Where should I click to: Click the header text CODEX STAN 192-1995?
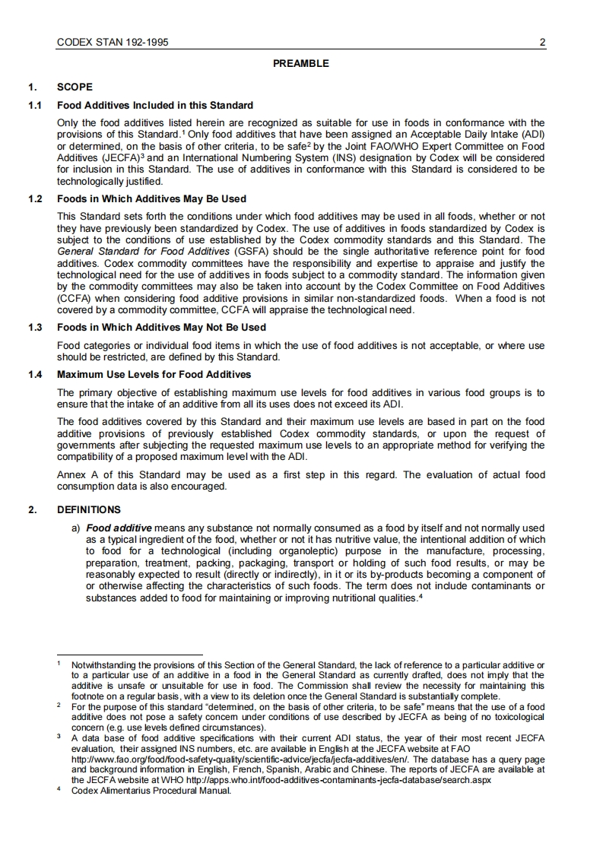point(113,43)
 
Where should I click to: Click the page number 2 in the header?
point(543,43)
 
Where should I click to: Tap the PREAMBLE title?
point(301,63)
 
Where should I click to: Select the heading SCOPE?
point(75,87)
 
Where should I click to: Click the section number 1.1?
point(35,105)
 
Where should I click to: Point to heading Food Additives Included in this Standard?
point(155,105)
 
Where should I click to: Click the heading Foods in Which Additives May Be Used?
point(152,199)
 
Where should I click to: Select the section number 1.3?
point(35,328)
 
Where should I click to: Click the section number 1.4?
point(35,375)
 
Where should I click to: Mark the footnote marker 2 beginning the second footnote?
point(59,706)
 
